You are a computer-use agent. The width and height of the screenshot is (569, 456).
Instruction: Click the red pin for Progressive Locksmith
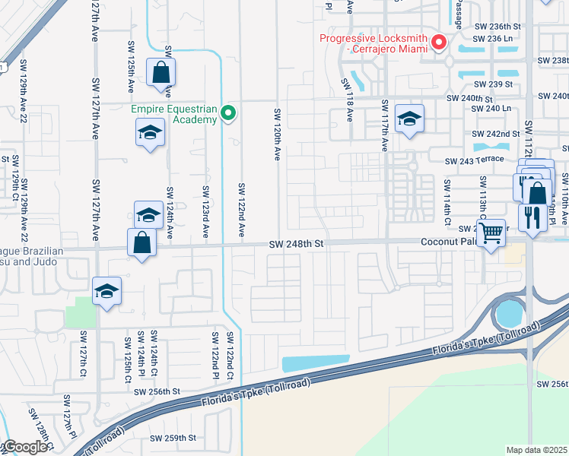tap(439, 43)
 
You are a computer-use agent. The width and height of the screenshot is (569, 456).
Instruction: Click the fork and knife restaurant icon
tap(529, 217)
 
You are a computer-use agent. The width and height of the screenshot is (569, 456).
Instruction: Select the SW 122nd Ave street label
tap(241, 209)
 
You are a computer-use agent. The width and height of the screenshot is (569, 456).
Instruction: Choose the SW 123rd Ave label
tap(205, 211)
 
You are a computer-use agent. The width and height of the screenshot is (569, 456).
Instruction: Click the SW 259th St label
tap(173, 439)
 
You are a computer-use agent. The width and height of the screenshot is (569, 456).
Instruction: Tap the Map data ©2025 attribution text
tap(536, 450)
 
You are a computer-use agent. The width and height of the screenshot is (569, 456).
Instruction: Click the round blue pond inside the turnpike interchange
tap(506, 312)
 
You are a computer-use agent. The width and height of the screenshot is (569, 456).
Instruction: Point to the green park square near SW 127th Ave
tap(79, 312)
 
